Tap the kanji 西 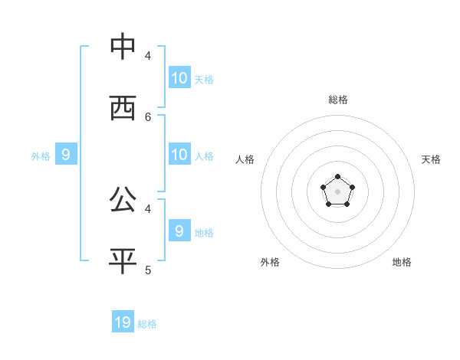coord(123,108)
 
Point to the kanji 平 coord(123,260)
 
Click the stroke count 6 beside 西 coord(148,116)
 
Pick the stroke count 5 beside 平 coord(148,270)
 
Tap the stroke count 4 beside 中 coord(148,55)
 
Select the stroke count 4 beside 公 coord(148,208)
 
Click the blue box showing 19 coord(123,322)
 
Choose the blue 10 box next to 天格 coord(179,77)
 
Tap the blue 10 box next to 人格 coord(179,154)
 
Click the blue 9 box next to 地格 coord(179,231)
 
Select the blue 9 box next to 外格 coord(66,154)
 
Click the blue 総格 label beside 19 coord(147,324)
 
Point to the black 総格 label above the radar coord(338,100)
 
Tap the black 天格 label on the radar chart coord(432,159)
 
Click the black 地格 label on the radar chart coord(402,262)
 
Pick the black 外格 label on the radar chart coord(270,262)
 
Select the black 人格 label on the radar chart coord(245,159)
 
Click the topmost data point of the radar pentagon coord(337,177)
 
